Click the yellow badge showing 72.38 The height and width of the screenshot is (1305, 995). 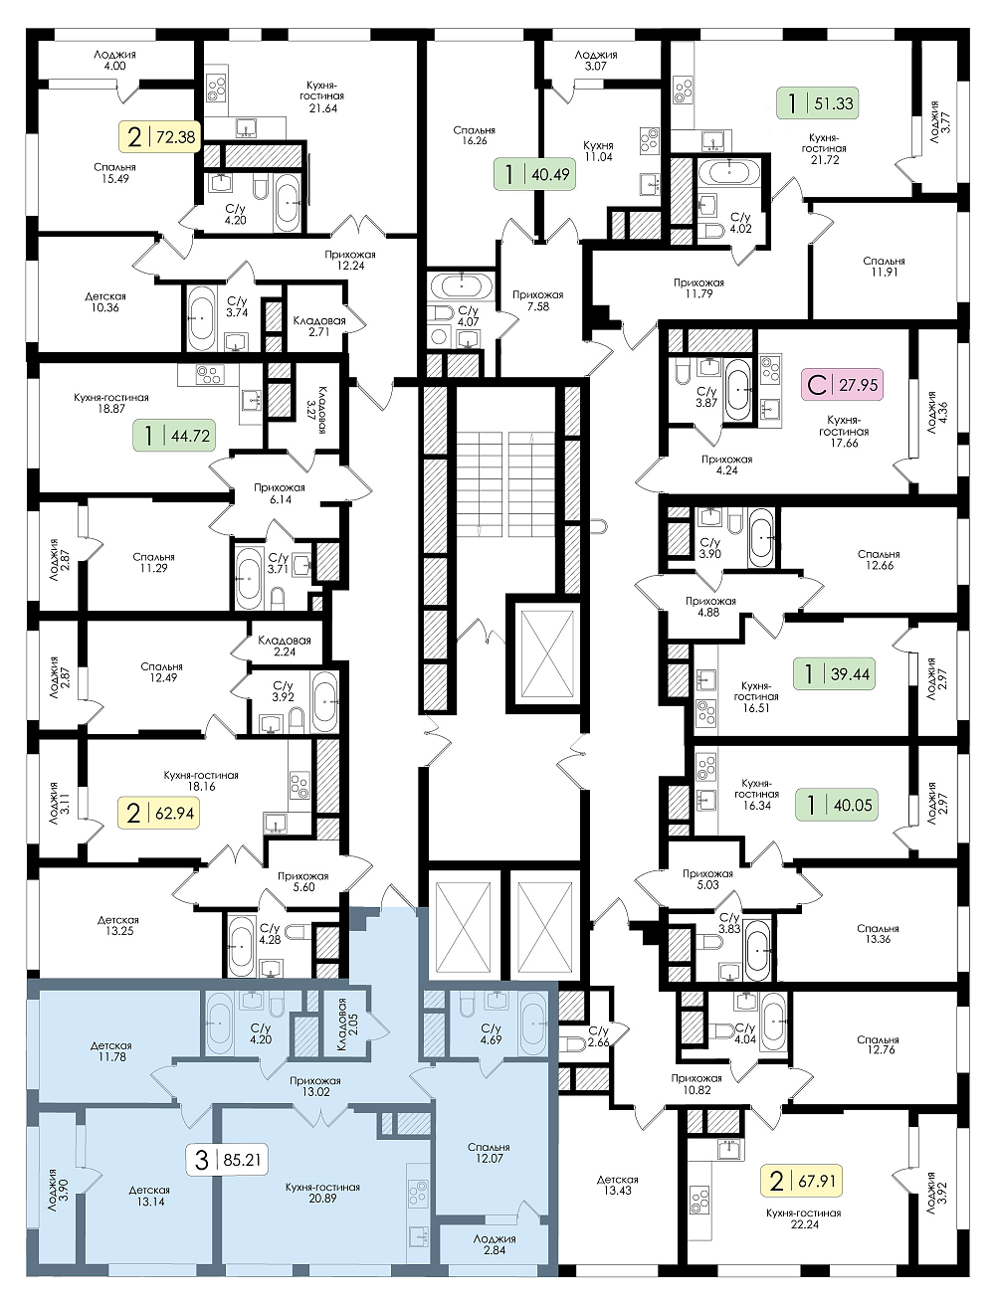point(159,136)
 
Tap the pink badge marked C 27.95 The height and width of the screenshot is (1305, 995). point(842,384)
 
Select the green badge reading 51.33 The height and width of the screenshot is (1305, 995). point(816,102)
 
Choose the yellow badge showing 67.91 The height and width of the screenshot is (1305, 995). point(801,1181)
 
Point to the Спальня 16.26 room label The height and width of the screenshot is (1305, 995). point(474,135)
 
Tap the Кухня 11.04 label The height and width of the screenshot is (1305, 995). point(598,151)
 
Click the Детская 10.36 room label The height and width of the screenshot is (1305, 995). point(105,301)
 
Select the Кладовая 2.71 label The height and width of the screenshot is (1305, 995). point(318,326)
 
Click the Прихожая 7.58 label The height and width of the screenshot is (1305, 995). point(537,300)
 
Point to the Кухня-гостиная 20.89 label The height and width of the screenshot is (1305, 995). point(322,1193)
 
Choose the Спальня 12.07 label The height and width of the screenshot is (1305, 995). point(489,1152)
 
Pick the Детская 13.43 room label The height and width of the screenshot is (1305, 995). point(618,1185)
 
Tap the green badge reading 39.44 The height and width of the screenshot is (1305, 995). point(834,673)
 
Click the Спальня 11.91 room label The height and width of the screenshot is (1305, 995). point(885,266)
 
